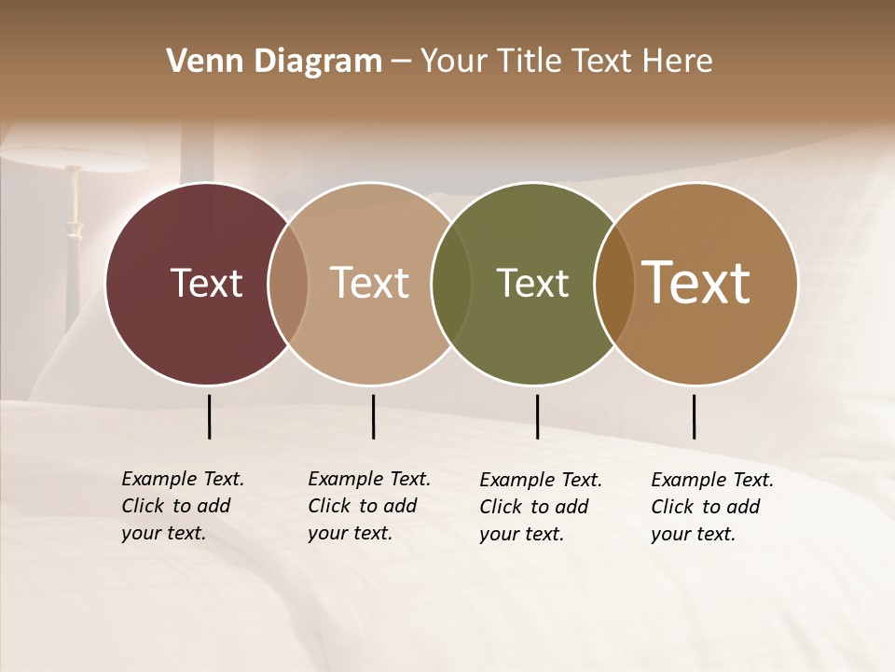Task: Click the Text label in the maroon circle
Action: (x=206, y=283)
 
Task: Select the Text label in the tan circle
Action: (x=370, y=283)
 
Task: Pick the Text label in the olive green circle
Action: (x=532, y=283)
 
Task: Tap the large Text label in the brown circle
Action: (x=696, y=283)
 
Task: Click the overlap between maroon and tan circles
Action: (x=288, y=283)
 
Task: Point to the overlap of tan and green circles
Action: (x=451, y=283)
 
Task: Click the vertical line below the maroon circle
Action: (x=209, y=416)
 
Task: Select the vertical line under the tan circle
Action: (x=373, y=416)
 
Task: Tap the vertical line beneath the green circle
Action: (x=537, y=416)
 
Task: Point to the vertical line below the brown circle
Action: (x=694, y=416)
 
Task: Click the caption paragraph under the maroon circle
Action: (x=182, y=506)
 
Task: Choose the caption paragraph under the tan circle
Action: (x=368, y=506)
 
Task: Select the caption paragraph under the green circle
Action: (x=540, y=507)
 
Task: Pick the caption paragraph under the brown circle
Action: (x=711, y=507)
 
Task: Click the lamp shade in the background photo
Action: (x=75, y=159)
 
